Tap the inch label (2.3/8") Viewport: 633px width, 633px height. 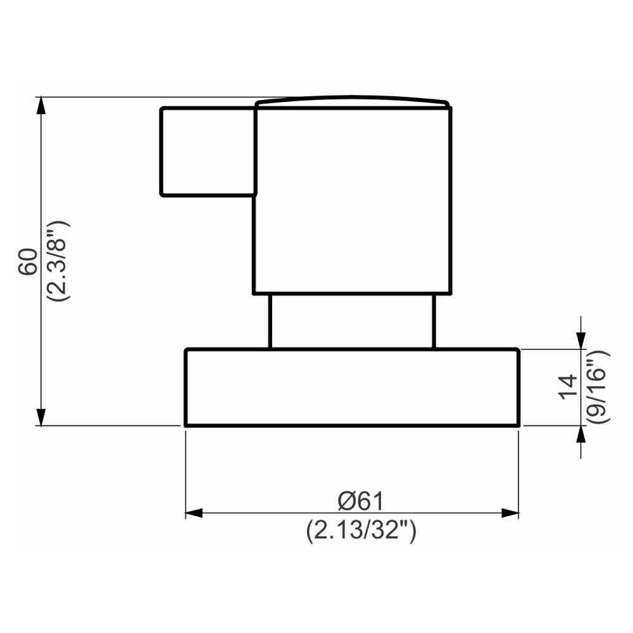[58, 261]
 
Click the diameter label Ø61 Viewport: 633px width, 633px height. [361, 501]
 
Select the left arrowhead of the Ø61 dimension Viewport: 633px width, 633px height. [194, 513]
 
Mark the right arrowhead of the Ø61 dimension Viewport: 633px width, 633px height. [510, 513]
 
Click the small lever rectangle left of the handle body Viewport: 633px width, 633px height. [208, 151]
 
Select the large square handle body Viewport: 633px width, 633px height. [353, 201]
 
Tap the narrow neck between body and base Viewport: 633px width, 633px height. [352, 321]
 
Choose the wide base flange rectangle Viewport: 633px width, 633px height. [352, 387]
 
